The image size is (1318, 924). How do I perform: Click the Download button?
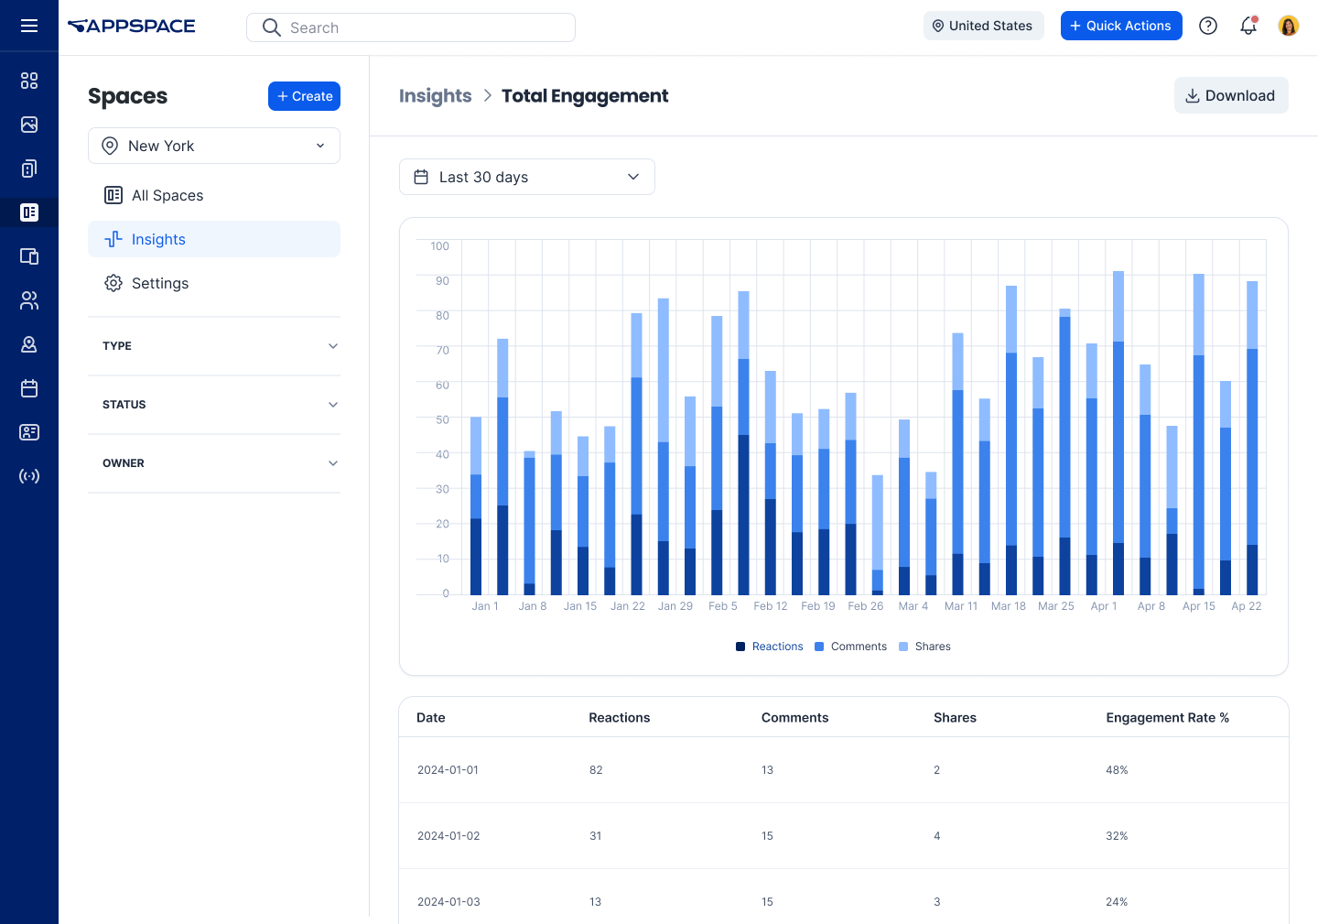1230,95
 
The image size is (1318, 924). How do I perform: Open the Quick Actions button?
1120,26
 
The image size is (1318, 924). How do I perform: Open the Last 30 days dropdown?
526,177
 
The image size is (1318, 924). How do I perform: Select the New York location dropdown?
213,146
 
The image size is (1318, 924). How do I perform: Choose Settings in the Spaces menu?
159,283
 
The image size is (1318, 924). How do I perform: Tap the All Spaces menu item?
167,195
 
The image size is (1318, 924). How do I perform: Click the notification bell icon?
1248,26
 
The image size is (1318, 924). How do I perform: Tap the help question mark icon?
1208,26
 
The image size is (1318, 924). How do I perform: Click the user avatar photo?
1288,26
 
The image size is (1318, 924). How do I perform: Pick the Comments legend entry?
851,647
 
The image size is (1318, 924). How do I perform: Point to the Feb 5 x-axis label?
722,606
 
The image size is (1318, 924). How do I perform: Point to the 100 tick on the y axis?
439,246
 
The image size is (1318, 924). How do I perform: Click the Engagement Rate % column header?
1167,718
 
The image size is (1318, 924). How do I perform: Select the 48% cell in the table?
1117,770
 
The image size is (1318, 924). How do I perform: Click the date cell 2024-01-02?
448,836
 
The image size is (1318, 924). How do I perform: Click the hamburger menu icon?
29,26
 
